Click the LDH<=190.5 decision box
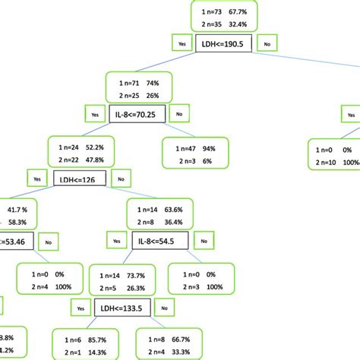224,44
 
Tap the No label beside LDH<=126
120,180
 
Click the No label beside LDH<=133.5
168,308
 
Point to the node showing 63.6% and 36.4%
163,216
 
